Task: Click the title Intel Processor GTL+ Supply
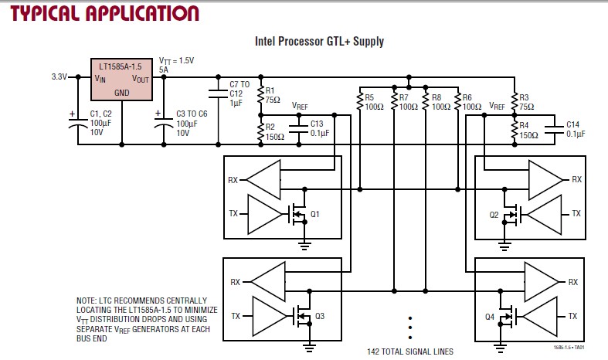[x=319, y=42]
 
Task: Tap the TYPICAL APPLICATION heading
[x=104, y=13]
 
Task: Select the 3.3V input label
[x=59, y=77]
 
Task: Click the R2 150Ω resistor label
[x=273, y=131]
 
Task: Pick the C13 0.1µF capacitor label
[x=319, y=128]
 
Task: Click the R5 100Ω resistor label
[x=374, y=102]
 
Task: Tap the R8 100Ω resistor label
[x=441, y=102]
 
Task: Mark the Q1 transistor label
[x=314, y=214]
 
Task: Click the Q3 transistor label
[x=319, y=316]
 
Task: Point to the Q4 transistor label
[x=489, y=317]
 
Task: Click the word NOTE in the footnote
[x=86, y=300]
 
